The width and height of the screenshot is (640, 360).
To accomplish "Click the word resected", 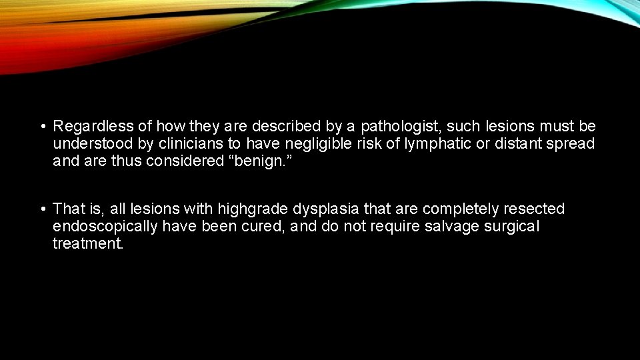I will (536, 209).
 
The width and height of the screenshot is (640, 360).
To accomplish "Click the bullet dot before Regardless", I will (42, 127).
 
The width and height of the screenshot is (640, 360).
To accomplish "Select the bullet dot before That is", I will (42, 210).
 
